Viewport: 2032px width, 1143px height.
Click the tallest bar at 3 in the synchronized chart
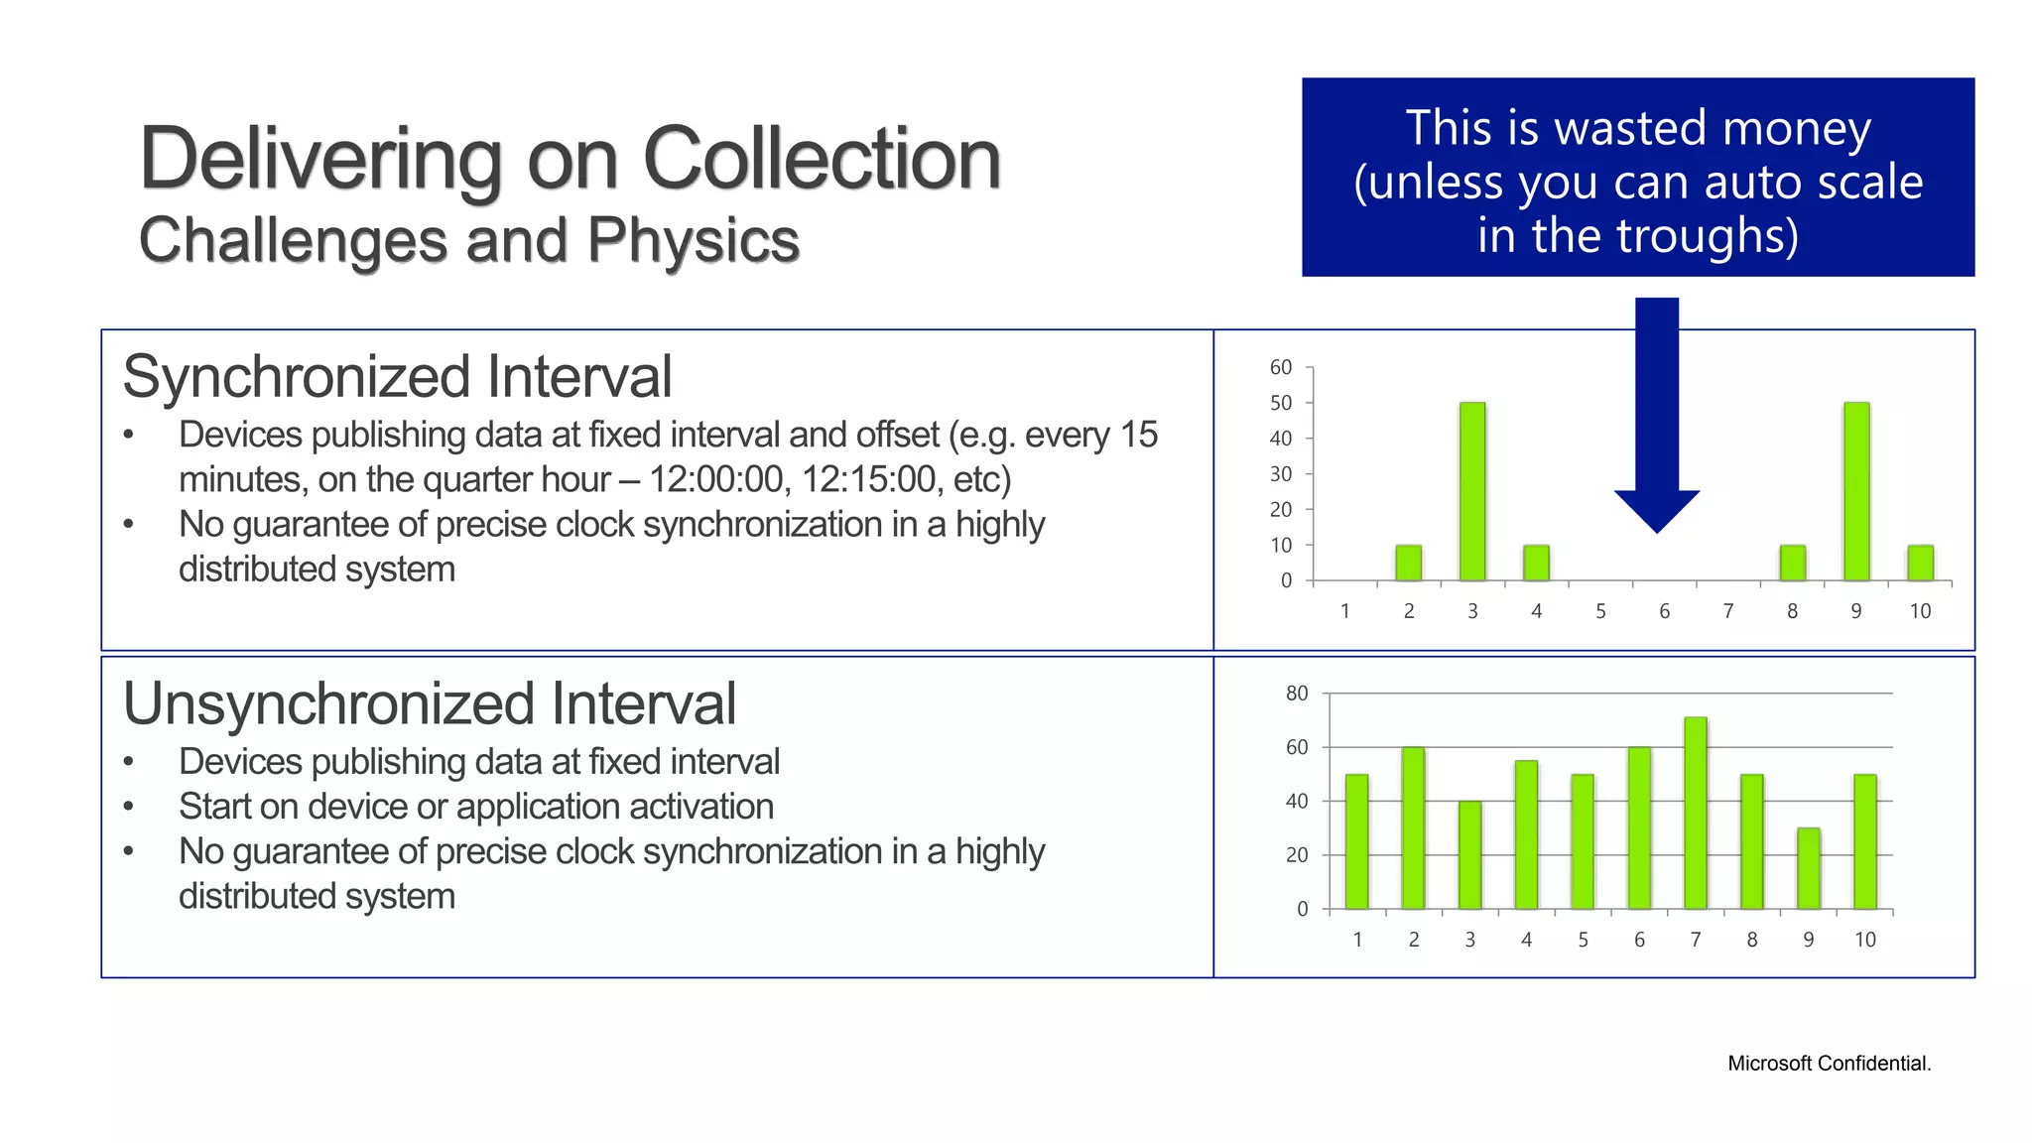1472,491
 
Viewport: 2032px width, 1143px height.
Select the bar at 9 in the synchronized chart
1856,491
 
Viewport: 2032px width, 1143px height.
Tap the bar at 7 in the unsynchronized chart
1696,814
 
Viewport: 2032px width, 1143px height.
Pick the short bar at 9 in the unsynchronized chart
1809,868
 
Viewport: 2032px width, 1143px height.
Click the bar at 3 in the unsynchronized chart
1469,855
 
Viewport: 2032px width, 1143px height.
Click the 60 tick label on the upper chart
1281,367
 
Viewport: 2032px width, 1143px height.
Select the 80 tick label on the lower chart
1297,694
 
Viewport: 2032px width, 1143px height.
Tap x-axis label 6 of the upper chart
1664,611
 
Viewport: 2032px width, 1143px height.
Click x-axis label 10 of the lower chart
1865,940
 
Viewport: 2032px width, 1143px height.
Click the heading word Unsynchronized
332,704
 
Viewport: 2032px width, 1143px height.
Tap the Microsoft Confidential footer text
1829,1064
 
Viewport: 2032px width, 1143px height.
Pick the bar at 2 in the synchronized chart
1408,563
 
